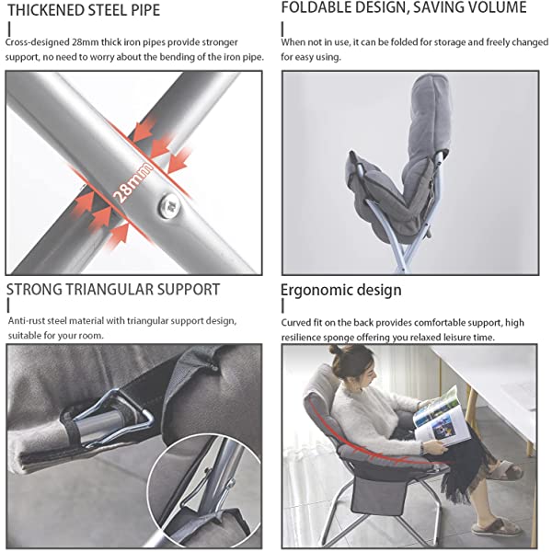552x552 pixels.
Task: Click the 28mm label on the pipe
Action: [x=133, y=183]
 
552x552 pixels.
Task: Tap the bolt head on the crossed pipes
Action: [x=169, y=206]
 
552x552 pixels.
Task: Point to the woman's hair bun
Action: [x=336, y=350]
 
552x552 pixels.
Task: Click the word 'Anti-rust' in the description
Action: [x=27, y=321]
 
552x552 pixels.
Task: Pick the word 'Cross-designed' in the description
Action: [x=38, y=42]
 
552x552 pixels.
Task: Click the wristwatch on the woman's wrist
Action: [x=424, y=448]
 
